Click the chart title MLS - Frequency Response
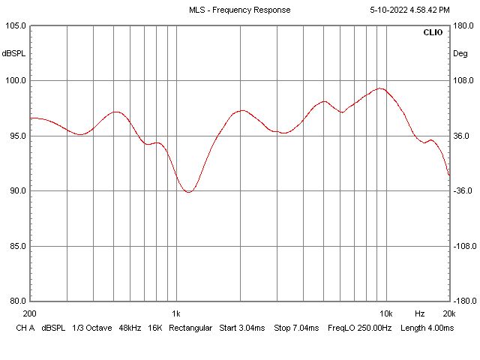click(239, 10)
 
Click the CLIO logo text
click(433, 33)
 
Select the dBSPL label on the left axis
click(13, 53)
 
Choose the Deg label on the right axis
click(460, 53)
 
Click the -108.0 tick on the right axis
click(463, 246)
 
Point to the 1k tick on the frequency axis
click(175, 313)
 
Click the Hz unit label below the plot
click(420, 313)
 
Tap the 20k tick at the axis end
click(448, 313)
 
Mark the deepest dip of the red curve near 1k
click(189, 192)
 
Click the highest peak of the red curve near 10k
click(381, 88)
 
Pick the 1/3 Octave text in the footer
click(90, 328)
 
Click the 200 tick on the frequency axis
click(30, 313)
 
